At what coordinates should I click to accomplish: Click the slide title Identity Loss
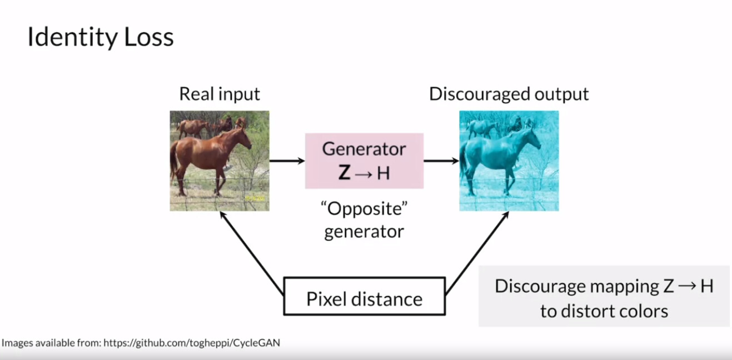click(x=101, y=38)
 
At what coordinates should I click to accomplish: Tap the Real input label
click(x=220, y=94)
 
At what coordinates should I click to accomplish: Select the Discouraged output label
click(x=509, y=94)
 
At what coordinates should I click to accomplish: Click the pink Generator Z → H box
click(x=364, y=161)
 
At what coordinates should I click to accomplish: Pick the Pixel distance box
click(x=364, y=299)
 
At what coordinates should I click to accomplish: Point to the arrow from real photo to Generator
click(x=287, y=161)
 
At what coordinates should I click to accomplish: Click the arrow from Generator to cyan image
click(x=441, y=161)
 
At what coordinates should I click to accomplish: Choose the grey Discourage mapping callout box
click(x=604, y=296)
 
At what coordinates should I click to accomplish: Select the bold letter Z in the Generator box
click(x=345, y=173)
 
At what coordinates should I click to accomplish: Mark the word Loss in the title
click(x=148, y=38)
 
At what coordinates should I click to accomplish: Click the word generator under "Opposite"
click(x=364, y=231)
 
